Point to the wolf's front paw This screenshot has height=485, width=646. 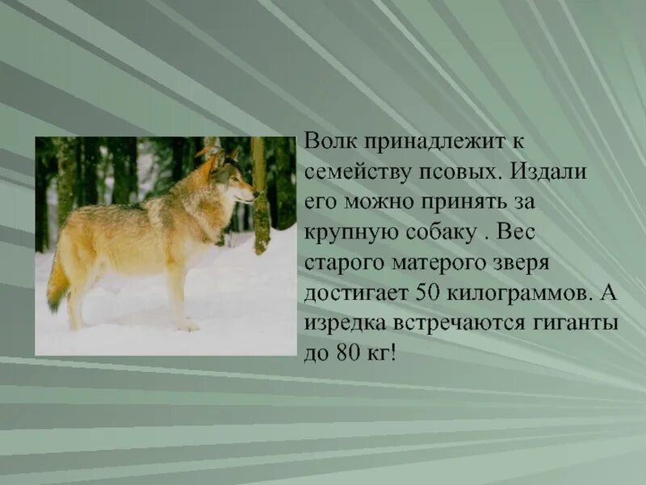click(187, 324)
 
